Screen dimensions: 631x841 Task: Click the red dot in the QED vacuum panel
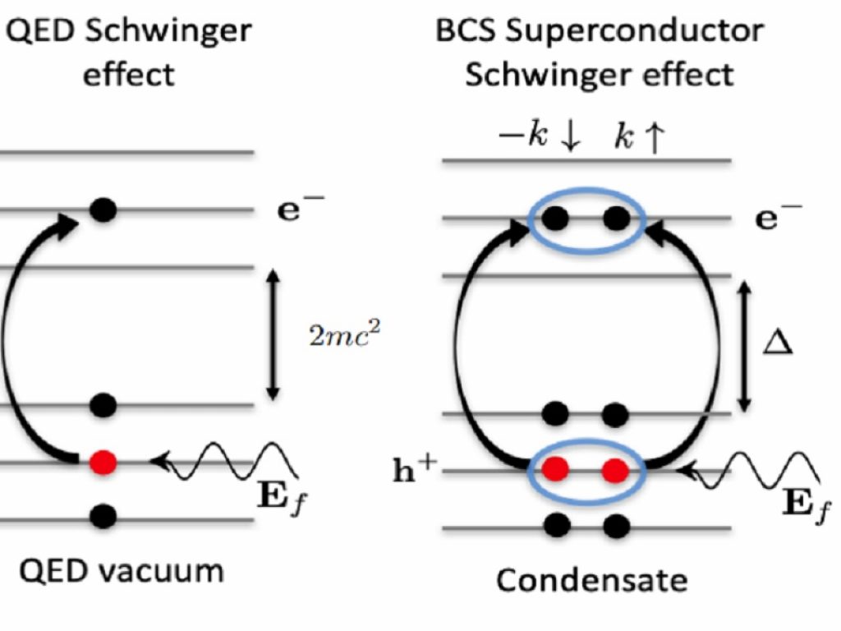(x=103, y=462)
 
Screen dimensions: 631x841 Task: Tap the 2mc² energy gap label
(x=346, y=335)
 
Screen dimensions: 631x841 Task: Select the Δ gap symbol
(x=778, y=342)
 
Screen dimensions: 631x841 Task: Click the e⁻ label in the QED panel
(x=301, y=208)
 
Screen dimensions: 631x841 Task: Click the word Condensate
(x=591, y=581)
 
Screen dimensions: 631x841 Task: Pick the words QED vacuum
(x=122, y=569)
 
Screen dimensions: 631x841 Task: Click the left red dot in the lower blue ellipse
(x=557, y=470)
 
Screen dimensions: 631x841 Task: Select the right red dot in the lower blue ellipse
(x=615, y=470)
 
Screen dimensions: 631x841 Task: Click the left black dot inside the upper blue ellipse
(x=557, y=219)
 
